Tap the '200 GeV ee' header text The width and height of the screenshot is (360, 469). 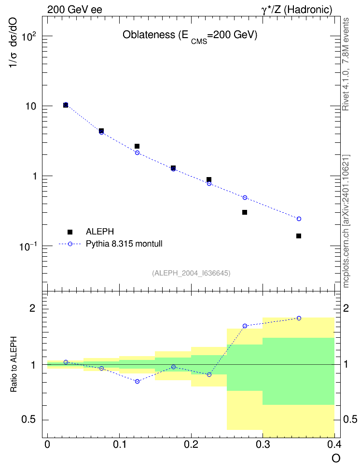(74, 10)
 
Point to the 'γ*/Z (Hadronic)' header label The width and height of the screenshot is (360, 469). (297, 10)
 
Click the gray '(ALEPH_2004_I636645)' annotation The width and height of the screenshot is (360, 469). (191, 273)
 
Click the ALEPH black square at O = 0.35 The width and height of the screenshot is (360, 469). (299, 236)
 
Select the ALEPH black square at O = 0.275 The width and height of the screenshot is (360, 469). (245, 212)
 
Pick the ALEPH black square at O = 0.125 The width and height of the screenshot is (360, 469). (137, 146)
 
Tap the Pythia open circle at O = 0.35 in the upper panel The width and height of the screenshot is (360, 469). (299, 219)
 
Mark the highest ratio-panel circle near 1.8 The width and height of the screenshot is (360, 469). (299, 318)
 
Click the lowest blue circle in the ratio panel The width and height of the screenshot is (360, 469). (137, 381)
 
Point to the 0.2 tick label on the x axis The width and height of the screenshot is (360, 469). (191, 444)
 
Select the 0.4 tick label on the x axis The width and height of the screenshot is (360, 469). (334, 444)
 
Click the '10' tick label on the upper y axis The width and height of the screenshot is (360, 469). (31, 107)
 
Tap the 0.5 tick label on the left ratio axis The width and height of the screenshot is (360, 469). (29, 420)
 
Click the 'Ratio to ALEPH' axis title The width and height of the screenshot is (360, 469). (14, 364)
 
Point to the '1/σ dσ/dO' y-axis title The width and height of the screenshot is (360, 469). (14, 42)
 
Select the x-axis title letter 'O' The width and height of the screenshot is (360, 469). (336, 458)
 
